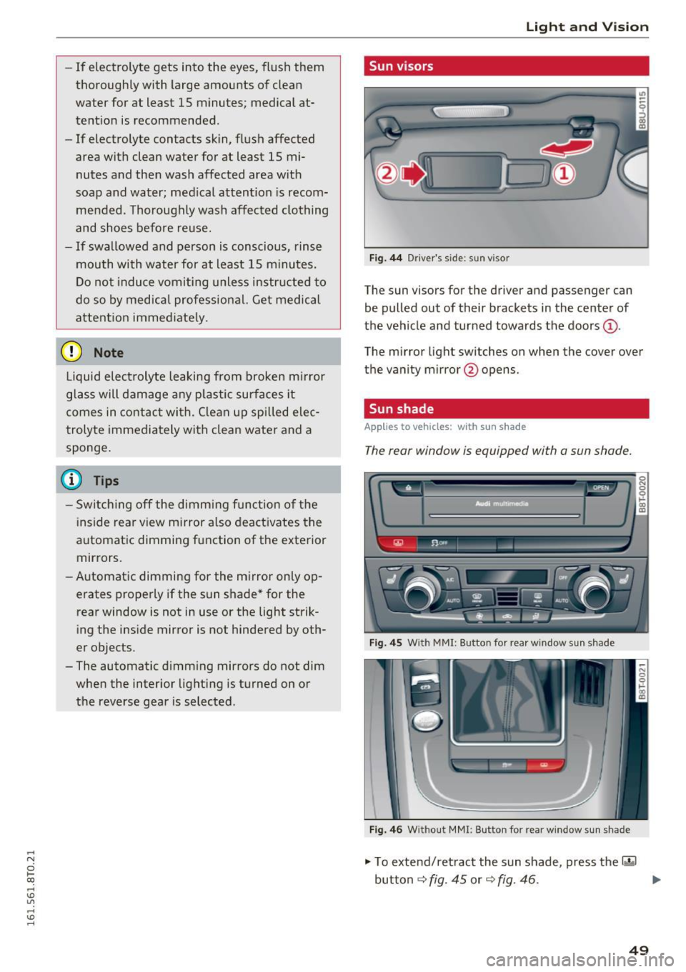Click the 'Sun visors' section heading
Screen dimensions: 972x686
401,66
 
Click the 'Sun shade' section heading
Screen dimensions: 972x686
401,409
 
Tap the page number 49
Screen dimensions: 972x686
640,949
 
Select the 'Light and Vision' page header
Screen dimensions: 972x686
587,27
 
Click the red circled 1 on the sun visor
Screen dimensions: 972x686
564,174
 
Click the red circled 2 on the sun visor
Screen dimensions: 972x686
387,174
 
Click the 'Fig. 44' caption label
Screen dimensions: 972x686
385,258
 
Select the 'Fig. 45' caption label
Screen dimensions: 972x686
385,643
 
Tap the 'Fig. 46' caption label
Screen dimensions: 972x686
385,830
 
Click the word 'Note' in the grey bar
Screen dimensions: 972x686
109,353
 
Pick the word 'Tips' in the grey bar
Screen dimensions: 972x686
106,481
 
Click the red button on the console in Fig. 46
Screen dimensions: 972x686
545,766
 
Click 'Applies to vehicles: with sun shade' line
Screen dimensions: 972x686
444,427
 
